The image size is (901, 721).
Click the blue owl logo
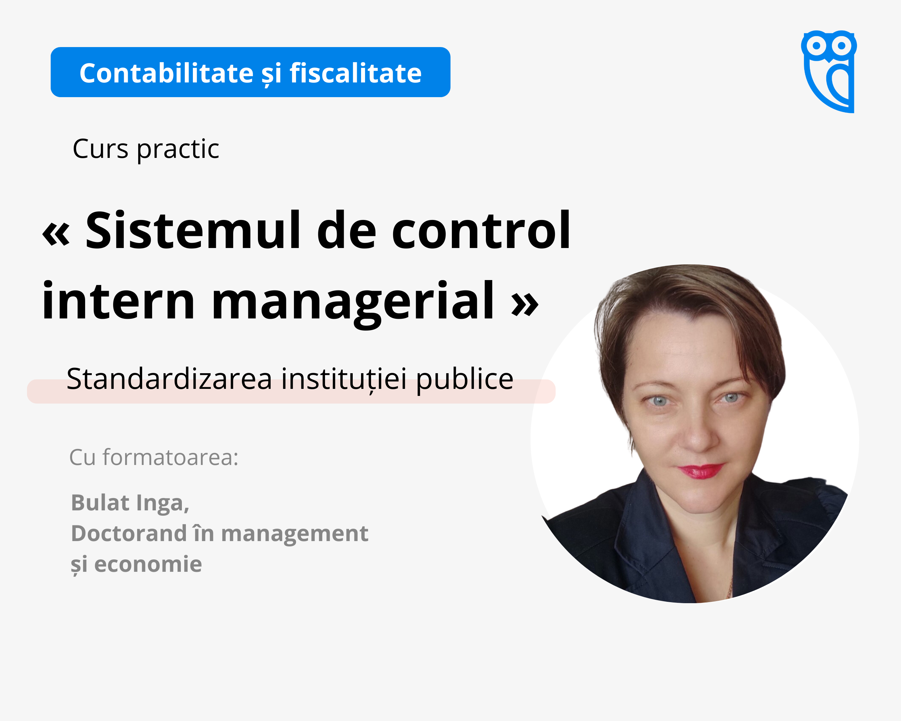(829, 71)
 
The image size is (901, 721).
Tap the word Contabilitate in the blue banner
(166, 73)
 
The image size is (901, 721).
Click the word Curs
(100, 149)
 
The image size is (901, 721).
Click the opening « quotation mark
(56, 234)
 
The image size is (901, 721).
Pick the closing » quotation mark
(525, 304)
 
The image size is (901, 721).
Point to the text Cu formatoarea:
(154, 457)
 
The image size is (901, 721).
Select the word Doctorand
(129, 533)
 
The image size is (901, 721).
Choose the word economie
(148, 564)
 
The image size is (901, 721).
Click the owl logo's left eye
(816, 45)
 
